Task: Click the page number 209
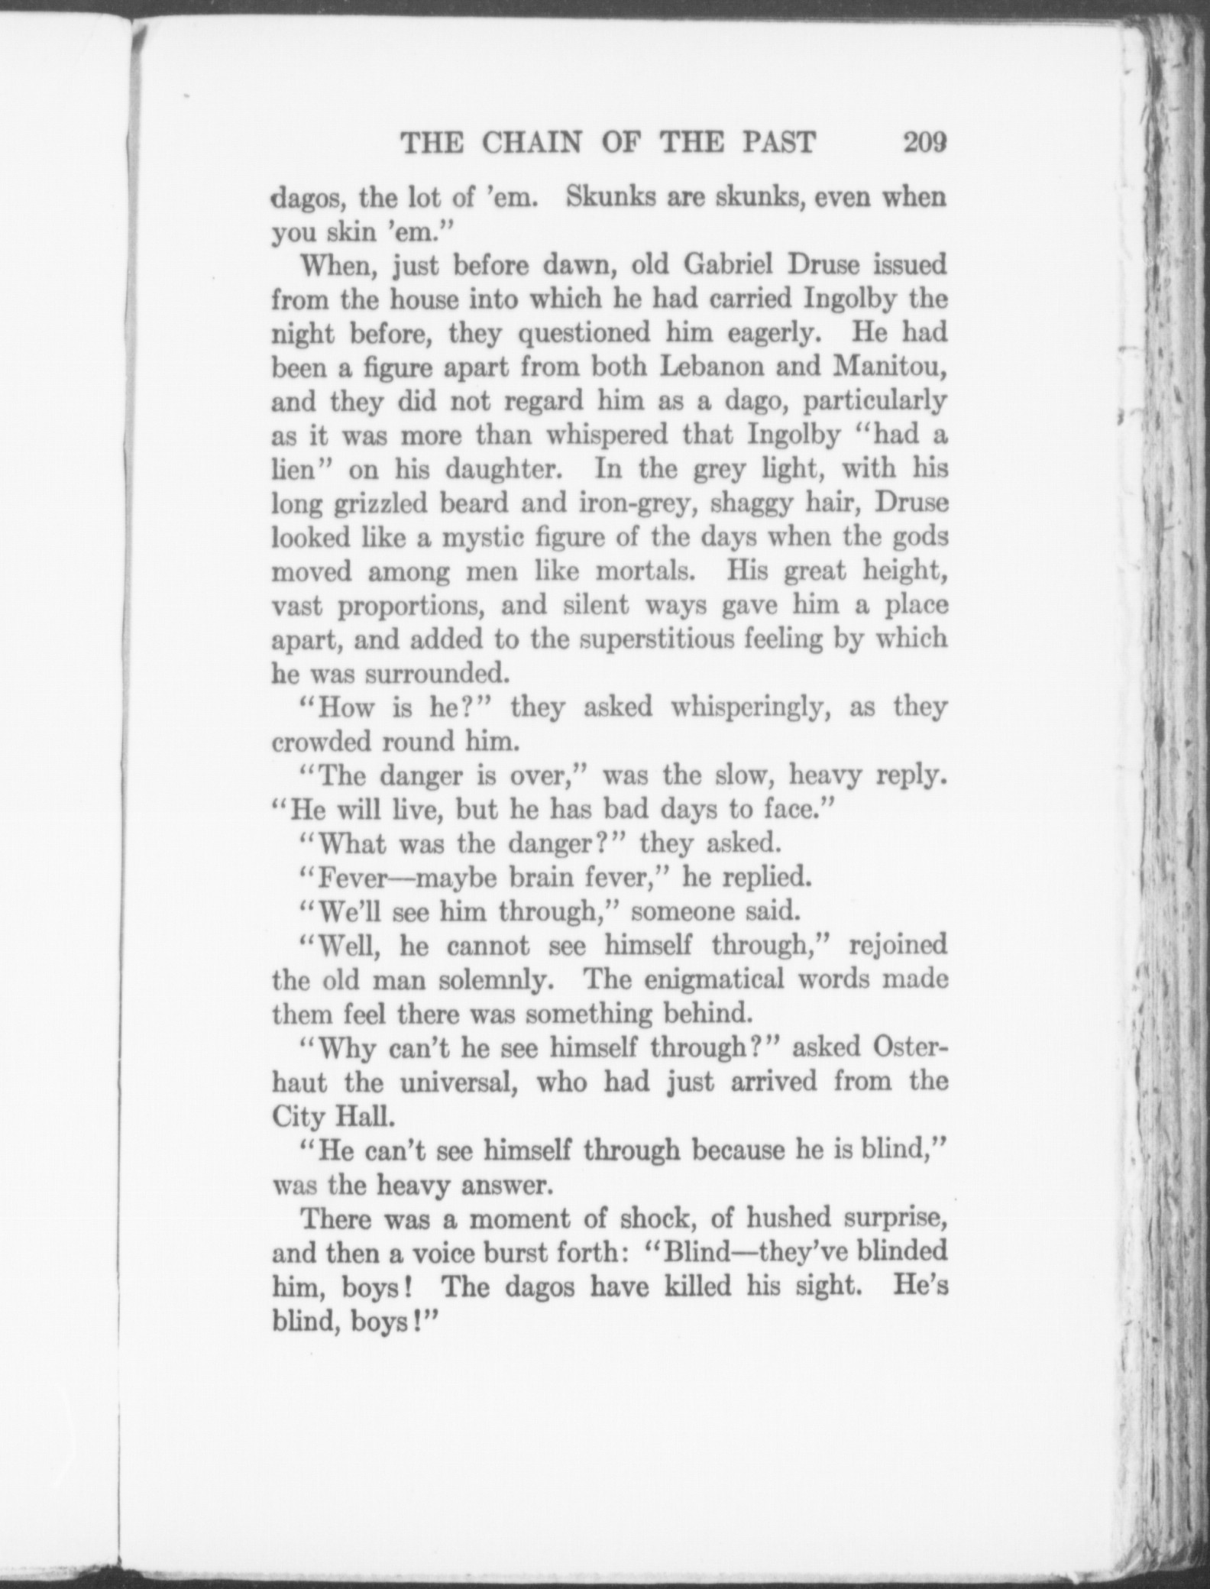(x=924, y=143)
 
